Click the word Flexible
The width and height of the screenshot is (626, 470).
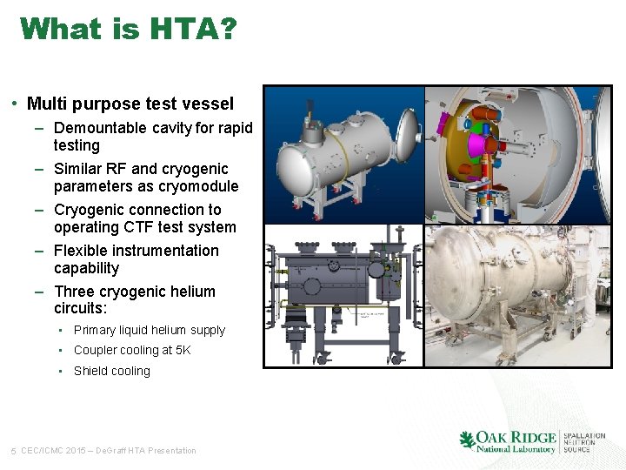point(81,251)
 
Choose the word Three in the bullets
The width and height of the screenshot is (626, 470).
point(74,292)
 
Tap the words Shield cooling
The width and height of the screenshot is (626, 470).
point(111,372)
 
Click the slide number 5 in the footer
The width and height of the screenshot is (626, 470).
point(13,451)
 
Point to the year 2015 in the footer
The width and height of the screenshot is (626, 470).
point(75,451)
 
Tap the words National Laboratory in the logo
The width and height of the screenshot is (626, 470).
point(515,449)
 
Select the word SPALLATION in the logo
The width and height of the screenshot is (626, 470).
point(584,435)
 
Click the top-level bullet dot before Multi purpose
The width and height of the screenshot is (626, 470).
point(17,104)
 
